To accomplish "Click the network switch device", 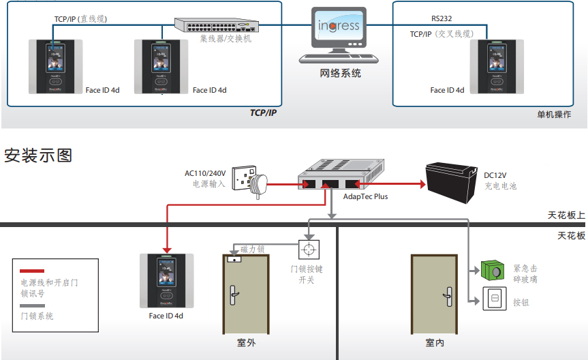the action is coord(217,25).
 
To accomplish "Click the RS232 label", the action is coord(442,18).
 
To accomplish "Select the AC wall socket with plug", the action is coord(250,181).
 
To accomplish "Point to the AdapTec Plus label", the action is coord(365,196).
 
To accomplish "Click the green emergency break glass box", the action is coord(493,270).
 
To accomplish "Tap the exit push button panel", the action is coord(494,299).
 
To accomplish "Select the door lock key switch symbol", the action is coord(309,250).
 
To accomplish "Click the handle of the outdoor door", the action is coord(234,295).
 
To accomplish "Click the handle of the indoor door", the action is coord(448,297).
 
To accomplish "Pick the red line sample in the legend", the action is coord(32,271).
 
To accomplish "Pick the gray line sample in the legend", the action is coord(32,305).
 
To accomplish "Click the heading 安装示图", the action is coord(38,155).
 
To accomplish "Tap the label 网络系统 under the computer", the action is coord(340,73).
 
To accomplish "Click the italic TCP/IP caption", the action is coord(263,112).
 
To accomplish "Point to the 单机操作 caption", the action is coord(554,115).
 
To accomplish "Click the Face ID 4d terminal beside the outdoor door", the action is coord(166,281).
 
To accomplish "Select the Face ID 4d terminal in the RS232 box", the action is coord(497,66).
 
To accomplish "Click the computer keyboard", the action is coord(339,59).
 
